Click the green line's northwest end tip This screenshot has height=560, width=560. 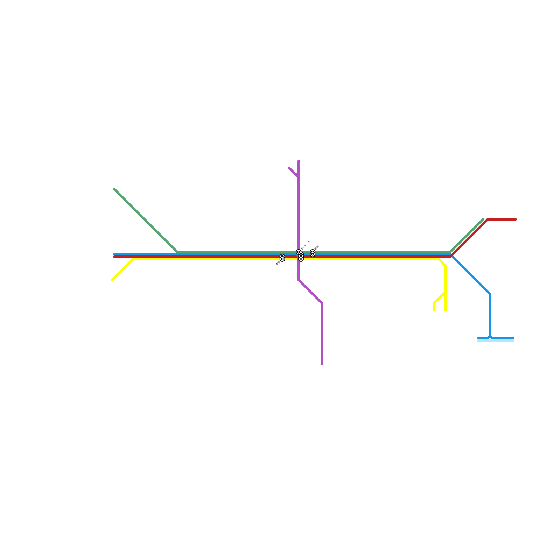coord(114,189)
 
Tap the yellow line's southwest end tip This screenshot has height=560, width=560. coord(112,280)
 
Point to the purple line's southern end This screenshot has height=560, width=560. coord(322,364)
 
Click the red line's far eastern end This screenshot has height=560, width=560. coord(516,219)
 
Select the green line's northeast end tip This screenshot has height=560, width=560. coord(483,219)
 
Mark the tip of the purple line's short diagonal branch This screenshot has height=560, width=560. coord(289,168)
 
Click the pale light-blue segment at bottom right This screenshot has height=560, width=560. coord(496,341)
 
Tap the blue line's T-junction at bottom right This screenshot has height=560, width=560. coord(490,338)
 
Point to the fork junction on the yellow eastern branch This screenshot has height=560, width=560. coord(446,292)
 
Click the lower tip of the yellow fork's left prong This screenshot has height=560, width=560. coord(434,310)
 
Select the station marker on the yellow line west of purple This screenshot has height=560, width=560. coord(282,259)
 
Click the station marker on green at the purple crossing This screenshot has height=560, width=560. coord(299,252)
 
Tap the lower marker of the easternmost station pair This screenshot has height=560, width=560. coord(313,254)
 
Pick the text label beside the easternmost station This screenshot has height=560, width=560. coord(317,248)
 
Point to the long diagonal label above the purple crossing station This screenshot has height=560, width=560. coord(305,245)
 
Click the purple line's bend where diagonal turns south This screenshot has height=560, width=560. coord(322,303)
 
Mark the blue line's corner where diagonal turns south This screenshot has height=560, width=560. coord(490,294)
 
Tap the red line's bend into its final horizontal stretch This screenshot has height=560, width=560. coord(488,219)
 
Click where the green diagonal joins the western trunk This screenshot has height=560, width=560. coord(178,252)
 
